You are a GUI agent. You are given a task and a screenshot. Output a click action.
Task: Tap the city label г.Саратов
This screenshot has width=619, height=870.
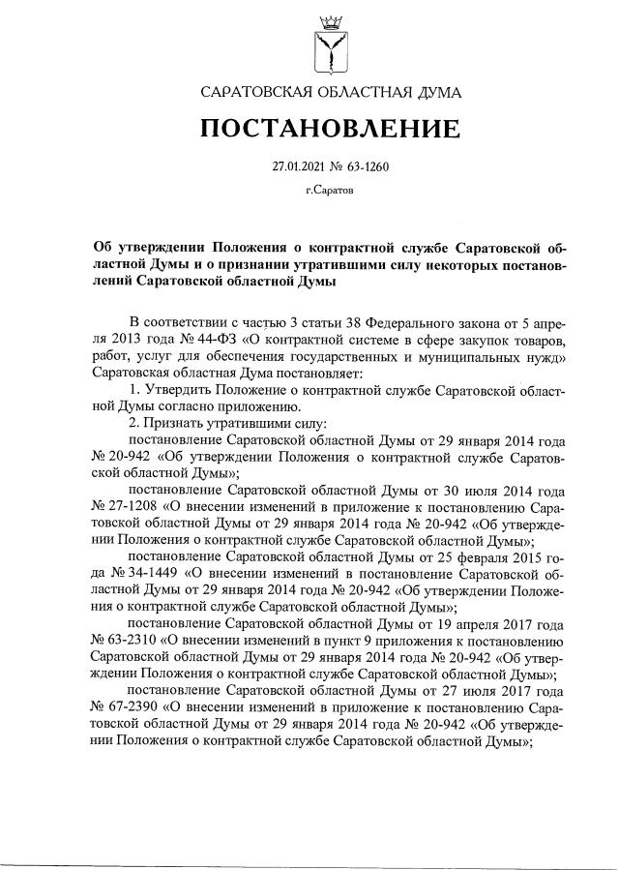[x=330, y=191]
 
